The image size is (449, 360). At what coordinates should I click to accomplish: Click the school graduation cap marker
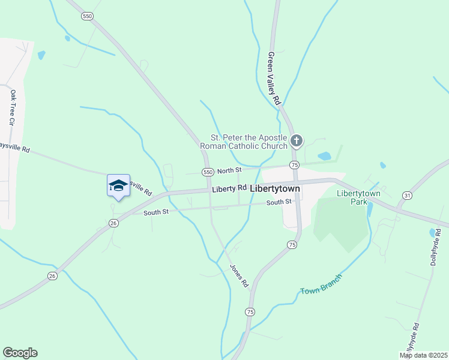118,186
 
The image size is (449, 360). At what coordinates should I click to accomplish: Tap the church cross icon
296,141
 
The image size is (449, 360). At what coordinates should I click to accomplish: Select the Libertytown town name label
274,188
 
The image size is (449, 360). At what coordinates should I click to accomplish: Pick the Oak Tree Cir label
12,107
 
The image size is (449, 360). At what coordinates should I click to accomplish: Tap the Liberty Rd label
229,188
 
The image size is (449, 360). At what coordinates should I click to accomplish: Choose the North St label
229,171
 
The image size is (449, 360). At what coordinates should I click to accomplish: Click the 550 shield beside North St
208,172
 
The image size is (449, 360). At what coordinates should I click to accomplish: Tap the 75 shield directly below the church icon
294,164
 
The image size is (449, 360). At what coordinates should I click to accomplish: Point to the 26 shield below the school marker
113,223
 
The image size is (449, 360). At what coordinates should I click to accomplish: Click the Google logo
20,353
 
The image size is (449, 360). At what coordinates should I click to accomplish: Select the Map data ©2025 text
423,355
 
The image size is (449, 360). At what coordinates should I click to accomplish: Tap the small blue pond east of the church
324,156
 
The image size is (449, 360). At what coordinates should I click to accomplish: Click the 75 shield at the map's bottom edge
250,311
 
